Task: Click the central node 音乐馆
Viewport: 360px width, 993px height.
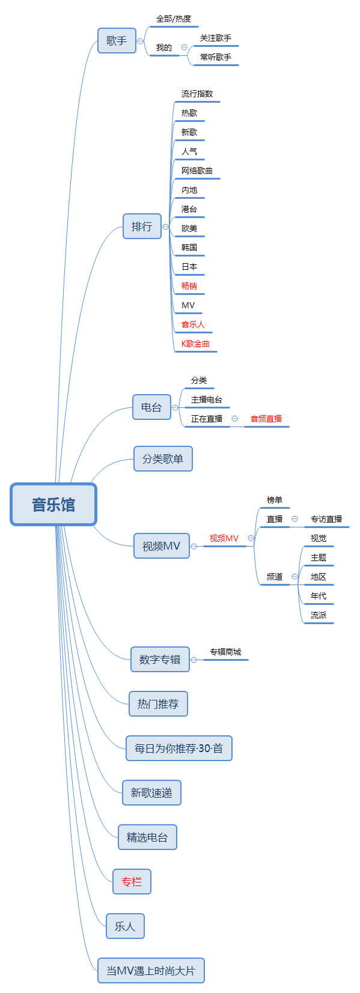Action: point(53,505)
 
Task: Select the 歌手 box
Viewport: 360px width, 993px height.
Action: point(117,41)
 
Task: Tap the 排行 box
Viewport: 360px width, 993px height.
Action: point(142,226)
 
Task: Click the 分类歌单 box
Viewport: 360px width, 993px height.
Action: point(163,459)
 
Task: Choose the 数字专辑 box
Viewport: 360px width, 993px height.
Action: point(160,660)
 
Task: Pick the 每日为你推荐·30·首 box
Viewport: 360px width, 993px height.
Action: point(178,749)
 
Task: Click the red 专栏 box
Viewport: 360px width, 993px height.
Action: point(132,882)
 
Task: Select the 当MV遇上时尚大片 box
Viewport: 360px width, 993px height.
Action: point(151,971)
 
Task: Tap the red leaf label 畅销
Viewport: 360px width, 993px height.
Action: point(189,286)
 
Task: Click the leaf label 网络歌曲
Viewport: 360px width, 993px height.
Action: point(197,171)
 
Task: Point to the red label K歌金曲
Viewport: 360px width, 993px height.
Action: point(196,344)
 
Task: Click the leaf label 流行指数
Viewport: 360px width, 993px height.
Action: point(197,94)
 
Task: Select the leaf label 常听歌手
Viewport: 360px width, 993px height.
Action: point(216,57)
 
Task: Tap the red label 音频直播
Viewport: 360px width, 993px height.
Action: point(266,419)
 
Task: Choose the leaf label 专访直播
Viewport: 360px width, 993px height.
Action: point(326,519)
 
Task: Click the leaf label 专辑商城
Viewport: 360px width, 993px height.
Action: point(225,652)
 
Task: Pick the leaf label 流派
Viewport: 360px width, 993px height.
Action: point(319,615)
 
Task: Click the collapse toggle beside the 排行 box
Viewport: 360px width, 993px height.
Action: point(166,227)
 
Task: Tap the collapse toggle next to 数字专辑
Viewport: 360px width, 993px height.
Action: point(194,660)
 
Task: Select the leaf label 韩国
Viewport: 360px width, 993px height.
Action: point(189,247)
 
